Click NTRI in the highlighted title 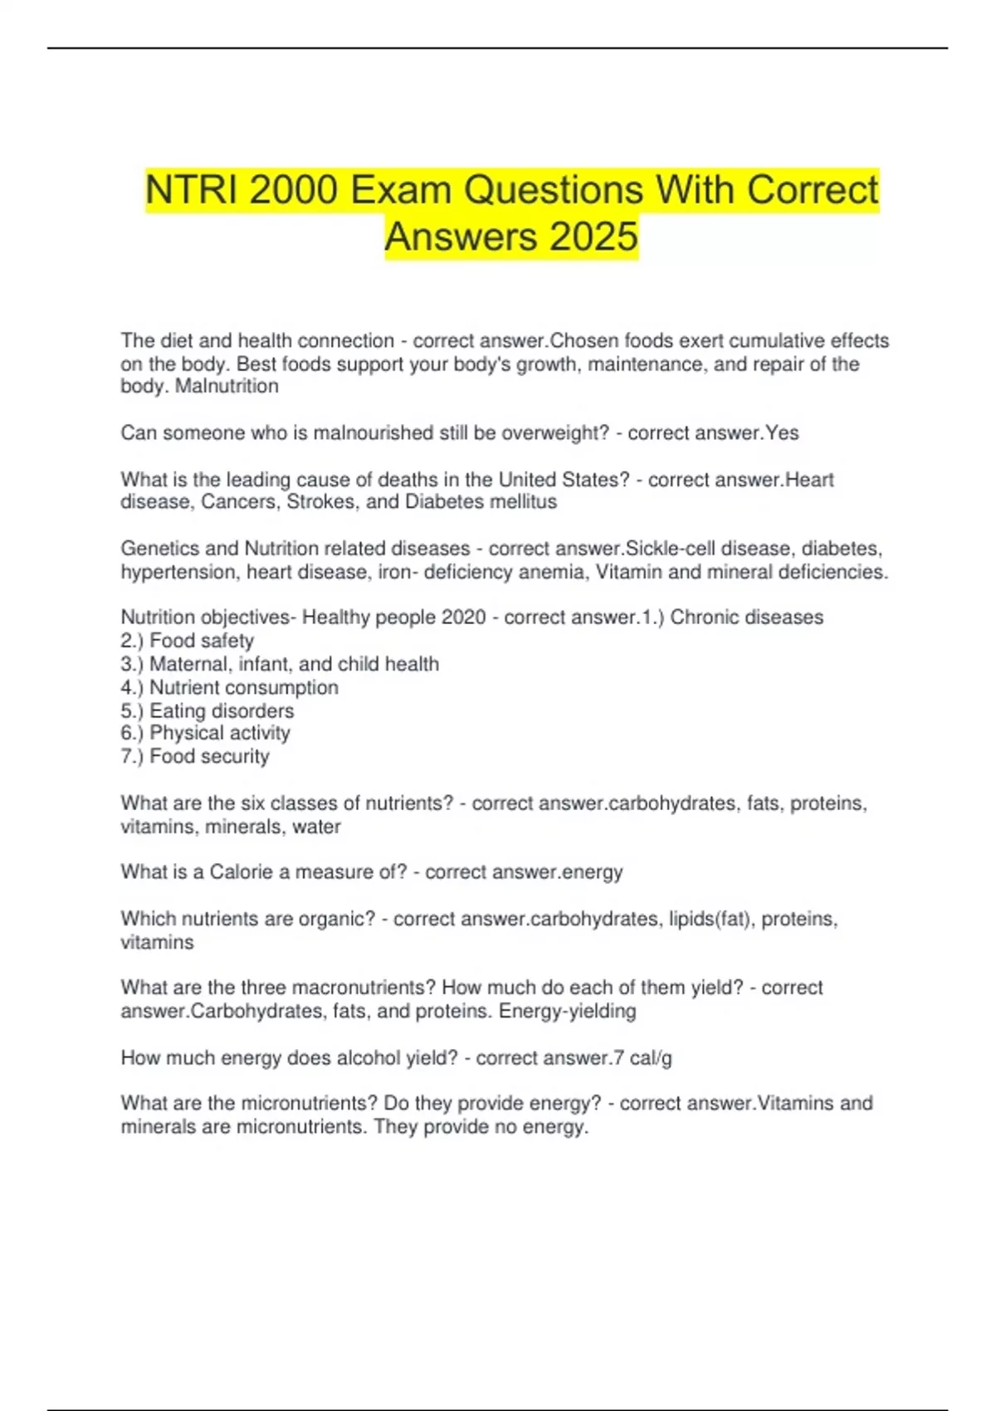point(194,190)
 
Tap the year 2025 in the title point(593,237)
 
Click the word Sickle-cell point(671,549)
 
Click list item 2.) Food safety point(188,641)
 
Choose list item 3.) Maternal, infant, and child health point(280,664)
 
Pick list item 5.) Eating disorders point(207,710)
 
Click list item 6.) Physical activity point(206,733)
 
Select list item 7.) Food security point(195,756)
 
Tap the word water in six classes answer point(316,827)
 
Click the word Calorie point(241,871)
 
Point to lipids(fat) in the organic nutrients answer point(709,919)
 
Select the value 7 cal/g point(642,1057)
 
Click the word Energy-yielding point(568,1011)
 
